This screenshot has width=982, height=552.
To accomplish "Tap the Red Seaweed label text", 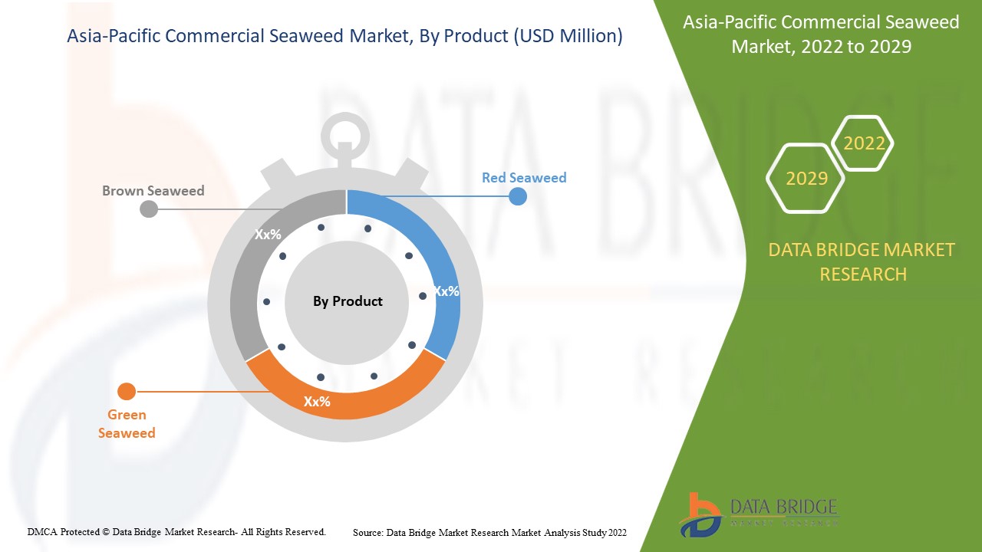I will tap(524, 178).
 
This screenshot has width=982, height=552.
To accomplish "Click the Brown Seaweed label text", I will tap(153, 190).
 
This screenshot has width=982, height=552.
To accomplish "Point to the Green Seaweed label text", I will tap(127, 424).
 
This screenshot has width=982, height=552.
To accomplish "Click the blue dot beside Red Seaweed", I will tap(518, 196).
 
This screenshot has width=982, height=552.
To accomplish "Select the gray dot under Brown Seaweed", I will tap(149, 209).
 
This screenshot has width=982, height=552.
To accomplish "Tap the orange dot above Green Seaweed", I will tap(127, 392).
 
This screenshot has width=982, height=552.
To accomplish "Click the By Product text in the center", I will tap(348, 301).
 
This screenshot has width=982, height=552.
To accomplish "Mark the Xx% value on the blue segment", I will tap(446, 291).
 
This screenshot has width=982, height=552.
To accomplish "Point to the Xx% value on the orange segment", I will tap(317, 401).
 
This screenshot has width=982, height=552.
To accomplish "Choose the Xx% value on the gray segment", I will tap(268, 235).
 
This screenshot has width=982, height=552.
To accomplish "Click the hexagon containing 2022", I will tap(864, 143).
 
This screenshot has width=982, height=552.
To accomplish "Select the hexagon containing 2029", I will tap(806, 178).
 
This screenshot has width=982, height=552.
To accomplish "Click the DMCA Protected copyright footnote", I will tap(176, 531).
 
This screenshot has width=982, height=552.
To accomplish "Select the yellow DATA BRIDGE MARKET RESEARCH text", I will tap(862, 261).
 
